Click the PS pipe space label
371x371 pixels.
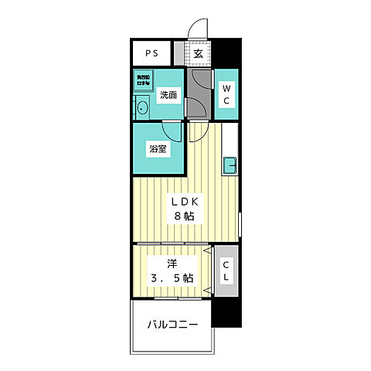coord(152,54)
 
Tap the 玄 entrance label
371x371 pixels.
coord(198,54)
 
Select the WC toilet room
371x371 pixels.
coord(227,95)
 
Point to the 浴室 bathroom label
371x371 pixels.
coord(158,149)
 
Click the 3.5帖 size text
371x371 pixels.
coord(172,277)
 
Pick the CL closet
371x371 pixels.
coord(226,271)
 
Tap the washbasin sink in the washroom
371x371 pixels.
coord(141,108)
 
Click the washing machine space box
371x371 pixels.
coord(144,81)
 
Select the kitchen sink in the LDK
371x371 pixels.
coord(230,164)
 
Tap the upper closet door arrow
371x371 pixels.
coord(208,251)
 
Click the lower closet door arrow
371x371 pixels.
coord(208,291)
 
